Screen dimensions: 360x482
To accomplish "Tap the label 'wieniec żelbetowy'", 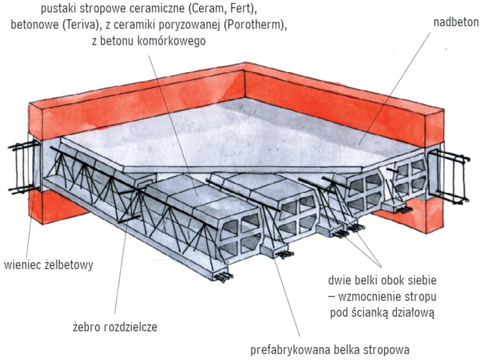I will [49, 265].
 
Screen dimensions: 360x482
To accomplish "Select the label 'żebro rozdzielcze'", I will [115, 327].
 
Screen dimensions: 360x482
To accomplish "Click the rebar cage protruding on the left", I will [23, 167].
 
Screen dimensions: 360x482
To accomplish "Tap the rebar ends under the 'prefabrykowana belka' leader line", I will [282, 254].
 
